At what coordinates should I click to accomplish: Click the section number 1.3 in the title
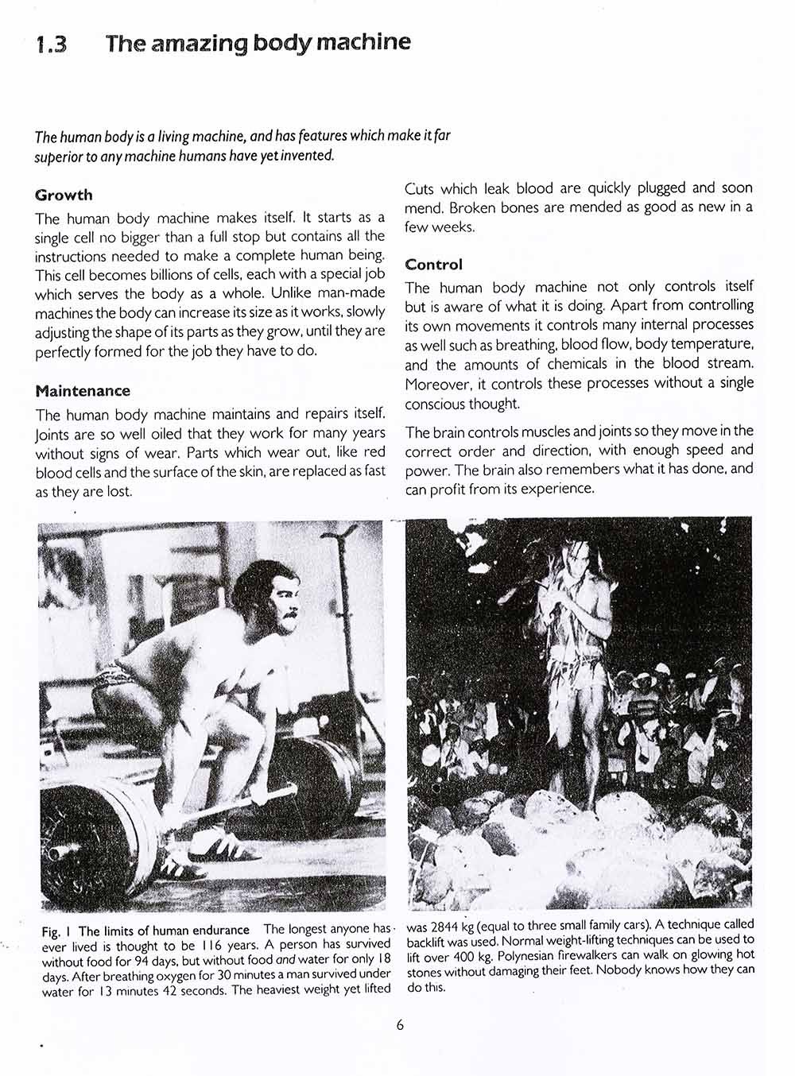point(52,45)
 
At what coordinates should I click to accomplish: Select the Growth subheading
point(64,195)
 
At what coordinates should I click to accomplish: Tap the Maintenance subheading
point(83,391)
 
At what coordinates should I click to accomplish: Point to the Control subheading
point(433,265)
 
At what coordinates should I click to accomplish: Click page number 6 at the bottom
point(400,1024)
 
